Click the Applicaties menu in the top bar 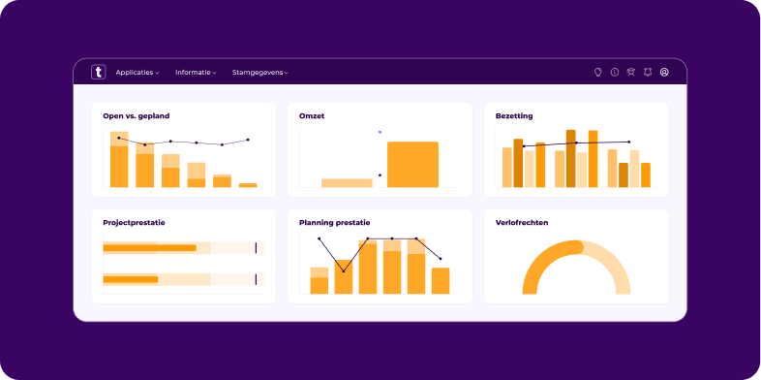[137, 73]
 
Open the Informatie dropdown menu [195, 73]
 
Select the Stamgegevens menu [259, 73]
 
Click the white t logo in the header [98, 72]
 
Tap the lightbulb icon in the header [597, 73]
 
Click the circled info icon [614, 73]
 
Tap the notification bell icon [648, 73]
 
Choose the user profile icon [664, 73]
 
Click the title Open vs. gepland [137, 116]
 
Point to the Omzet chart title [312, 116]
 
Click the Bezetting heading [514, 116]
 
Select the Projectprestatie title [134, 222]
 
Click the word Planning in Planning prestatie [317, 222]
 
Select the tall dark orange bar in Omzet [412, 164]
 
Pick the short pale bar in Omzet [347, 182]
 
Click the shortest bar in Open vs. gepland [248, 184]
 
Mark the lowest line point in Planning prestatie [343, 270]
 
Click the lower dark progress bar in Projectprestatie [130, 279]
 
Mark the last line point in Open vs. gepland [248, 140]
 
